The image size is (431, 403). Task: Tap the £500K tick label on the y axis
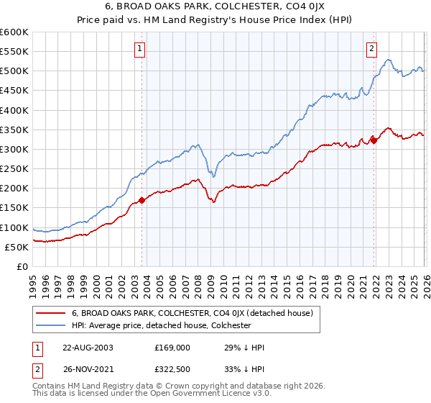[14, 71]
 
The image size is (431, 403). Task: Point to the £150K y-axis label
[14, 208]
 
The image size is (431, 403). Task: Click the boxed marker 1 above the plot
[139, 49]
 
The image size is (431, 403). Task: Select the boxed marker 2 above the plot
[371, 49]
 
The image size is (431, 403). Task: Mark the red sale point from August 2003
[142, 200]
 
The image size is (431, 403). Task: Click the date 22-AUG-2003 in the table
[88, 348]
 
